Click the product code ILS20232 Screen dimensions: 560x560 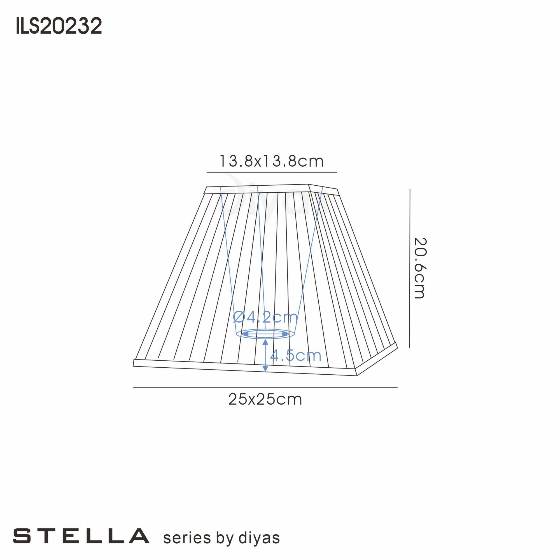(59, 26)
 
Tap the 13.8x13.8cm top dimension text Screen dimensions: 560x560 (271, 161)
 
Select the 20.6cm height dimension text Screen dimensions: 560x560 (419, 268)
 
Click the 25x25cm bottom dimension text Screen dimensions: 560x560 (265, 400)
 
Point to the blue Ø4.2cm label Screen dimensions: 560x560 (265, 317)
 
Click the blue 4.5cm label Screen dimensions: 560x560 (295, 355)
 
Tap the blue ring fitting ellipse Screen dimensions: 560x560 (265, 334)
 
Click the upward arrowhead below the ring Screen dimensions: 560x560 (265, 342)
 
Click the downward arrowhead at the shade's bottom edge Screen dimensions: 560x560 (265, 368)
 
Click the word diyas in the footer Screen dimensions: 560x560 (259, 538)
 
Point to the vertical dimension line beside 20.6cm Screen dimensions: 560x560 (410, 268)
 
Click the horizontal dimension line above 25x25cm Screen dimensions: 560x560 (265, 388)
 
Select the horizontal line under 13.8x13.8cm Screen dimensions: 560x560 (271, 172)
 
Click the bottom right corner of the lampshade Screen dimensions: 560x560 (356, 376)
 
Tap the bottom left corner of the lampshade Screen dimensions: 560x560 (134, 366)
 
